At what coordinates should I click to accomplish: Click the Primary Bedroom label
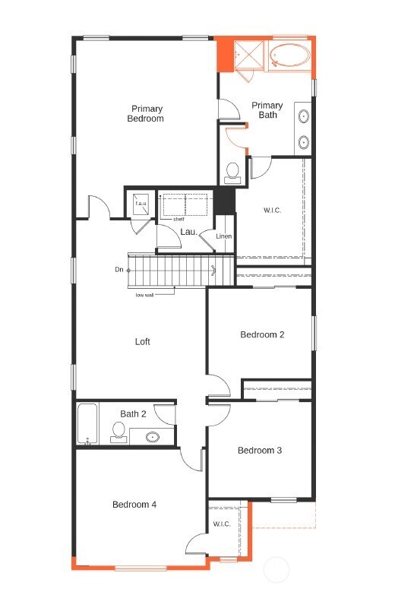pos(145,113)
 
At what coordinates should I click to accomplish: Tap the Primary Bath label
pos(267,110)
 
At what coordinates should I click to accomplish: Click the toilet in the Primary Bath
pos(232,171)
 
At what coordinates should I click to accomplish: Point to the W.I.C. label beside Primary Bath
pos(272,210)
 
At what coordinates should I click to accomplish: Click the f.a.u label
pos(141,203)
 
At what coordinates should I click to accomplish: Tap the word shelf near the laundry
pos(179,220)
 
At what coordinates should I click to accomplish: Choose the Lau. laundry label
pos(188,232)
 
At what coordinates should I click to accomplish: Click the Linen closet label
pos(223,236)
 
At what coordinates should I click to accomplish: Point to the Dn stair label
pos(119,270)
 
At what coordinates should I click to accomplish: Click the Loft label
pos(143,342)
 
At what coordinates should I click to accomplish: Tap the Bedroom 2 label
pos(261,334)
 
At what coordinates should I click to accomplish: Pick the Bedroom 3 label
pos(260,451)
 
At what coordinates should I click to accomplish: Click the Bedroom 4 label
pos(134,504)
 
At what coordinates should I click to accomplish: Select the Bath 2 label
pos(134,414)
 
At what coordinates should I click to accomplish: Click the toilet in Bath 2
pos(118,432)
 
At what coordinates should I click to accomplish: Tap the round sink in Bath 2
pos(153,437)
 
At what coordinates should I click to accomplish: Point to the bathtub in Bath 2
pos(87,424)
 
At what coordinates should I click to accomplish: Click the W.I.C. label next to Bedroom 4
pos(222,524)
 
